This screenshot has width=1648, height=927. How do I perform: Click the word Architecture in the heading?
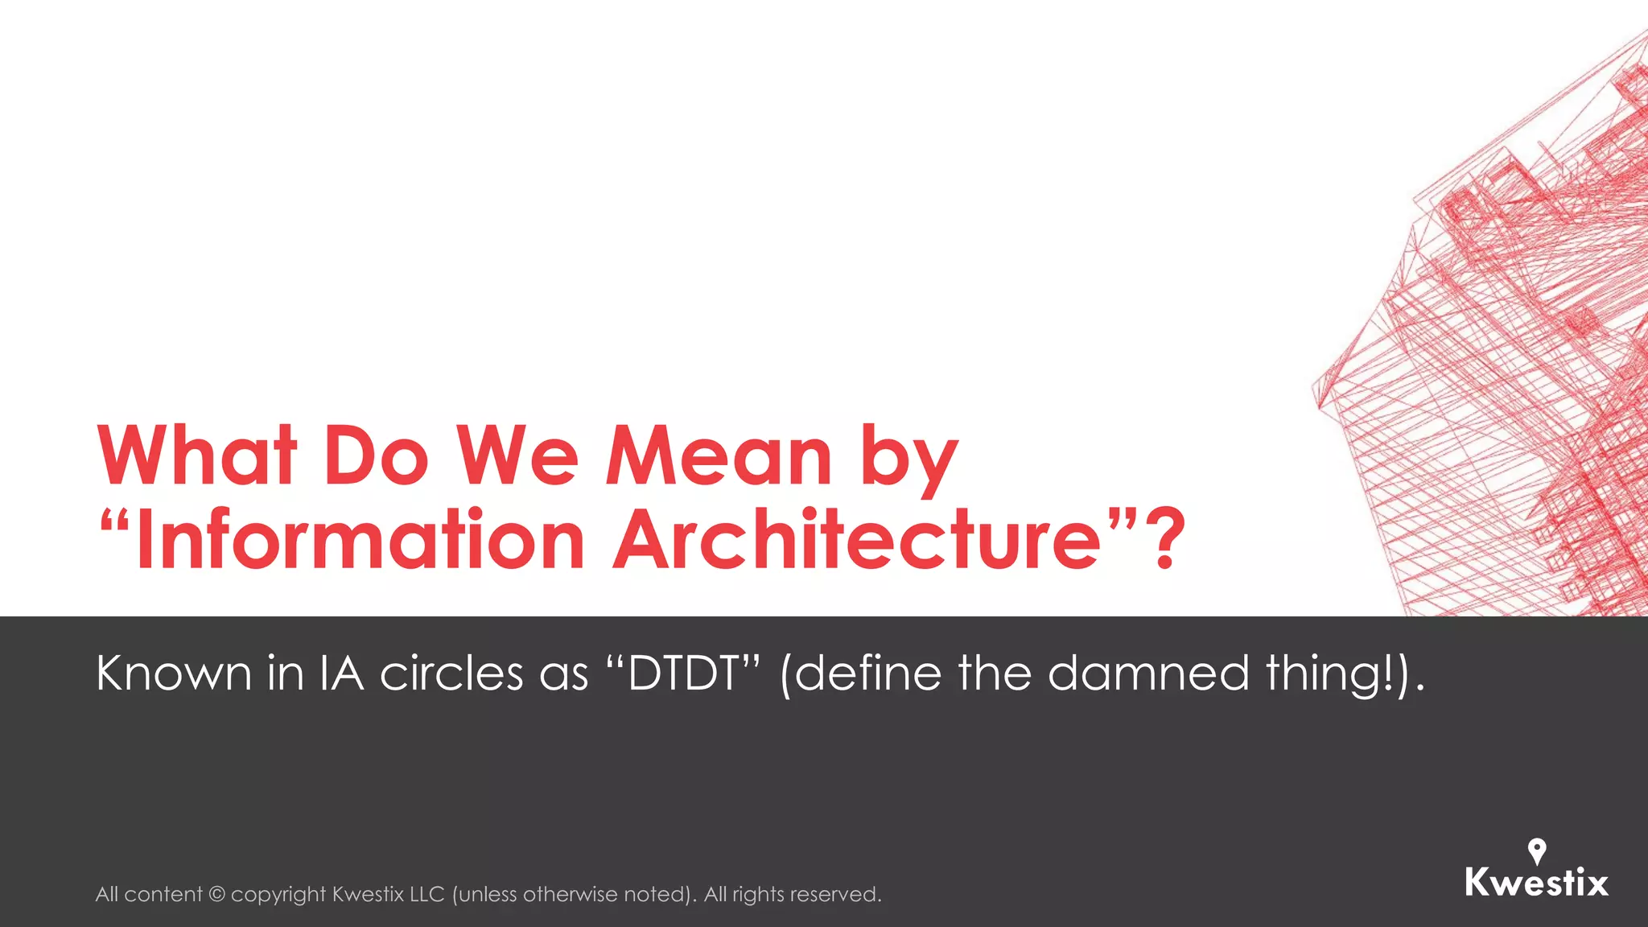857,539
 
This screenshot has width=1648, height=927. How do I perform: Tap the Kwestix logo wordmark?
1536,883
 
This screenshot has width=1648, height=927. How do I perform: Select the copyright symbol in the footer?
216,895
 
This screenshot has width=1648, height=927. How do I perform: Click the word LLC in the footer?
426,895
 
